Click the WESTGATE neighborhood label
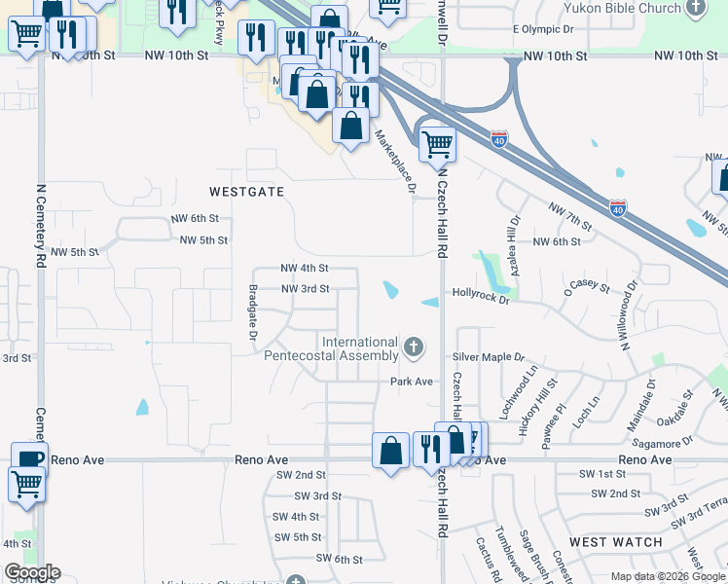click(247, 192)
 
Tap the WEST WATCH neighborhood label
click(615, 542)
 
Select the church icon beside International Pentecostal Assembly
click(415, 347)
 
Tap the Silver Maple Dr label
click(488, 358)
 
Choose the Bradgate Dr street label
click(252, 311)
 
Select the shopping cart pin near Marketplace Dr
click(438, 143)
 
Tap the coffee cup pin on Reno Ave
click(29, 457)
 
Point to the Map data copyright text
click(669, 576)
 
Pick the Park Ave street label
click(411, 382)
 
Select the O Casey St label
click(586, 289)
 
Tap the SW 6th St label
click(339, 559)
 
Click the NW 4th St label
click(304, 268)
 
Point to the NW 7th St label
click(569, 211)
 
